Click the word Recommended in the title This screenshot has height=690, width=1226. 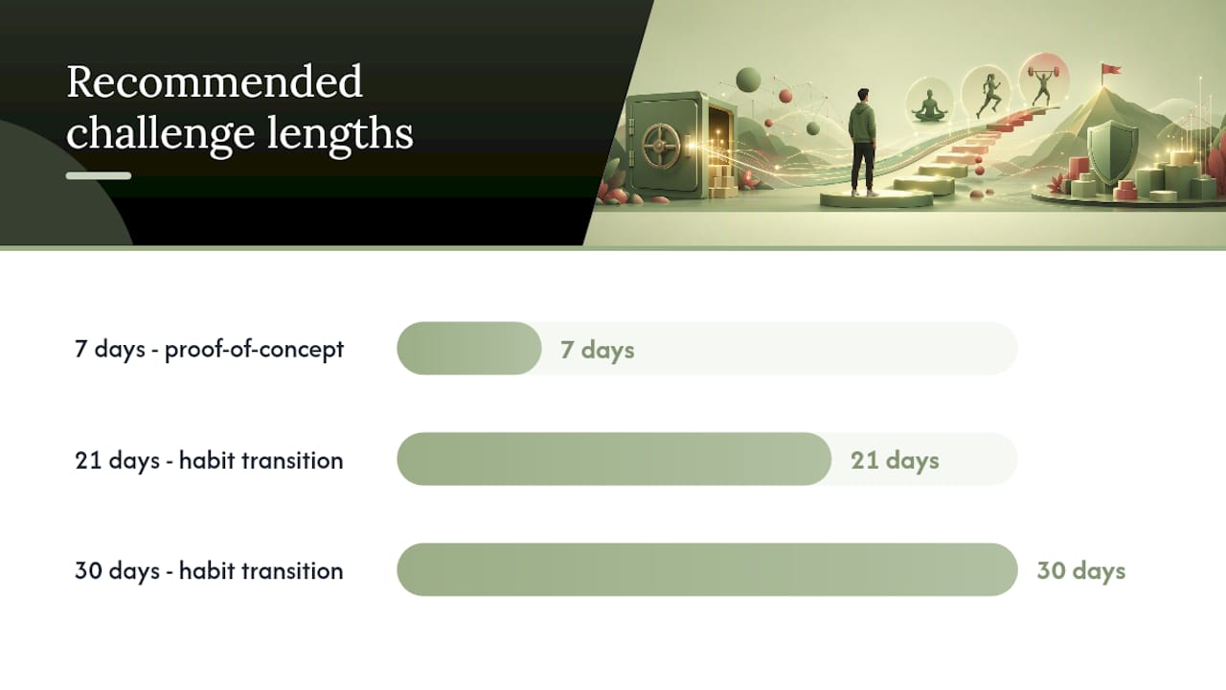pos(214,82)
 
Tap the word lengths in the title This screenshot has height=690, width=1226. pos(340,133)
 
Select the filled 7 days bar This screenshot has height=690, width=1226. pos(469,348)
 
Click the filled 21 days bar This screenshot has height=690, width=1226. pos(614,459)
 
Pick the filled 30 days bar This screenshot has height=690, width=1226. pos(707,569)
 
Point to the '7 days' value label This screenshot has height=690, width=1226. pos(597,350)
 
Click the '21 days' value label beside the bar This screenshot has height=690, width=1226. pos(895,461)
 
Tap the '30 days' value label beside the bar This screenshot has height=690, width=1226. pos(1081,570)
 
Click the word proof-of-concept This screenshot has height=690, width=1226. pos(255,350)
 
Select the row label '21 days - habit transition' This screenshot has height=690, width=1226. pos(209,461)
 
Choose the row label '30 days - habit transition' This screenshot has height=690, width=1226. pos(209,571)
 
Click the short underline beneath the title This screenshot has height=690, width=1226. pos(99,175)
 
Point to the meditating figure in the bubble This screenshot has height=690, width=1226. pos(929,106)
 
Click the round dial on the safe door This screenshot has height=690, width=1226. pos(661,147)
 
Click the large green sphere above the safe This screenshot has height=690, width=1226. pos(749,80)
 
